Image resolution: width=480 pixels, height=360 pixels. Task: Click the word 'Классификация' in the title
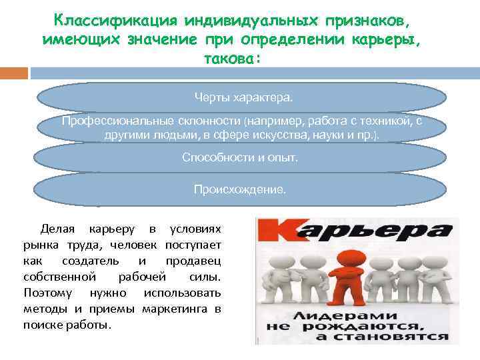106,19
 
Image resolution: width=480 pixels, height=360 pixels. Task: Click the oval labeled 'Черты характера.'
243,98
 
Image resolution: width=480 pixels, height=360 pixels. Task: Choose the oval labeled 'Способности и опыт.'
240,158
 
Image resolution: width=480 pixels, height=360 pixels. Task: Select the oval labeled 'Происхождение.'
240,189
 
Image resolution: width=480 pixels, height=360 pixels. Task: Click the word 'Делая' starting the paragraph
57,229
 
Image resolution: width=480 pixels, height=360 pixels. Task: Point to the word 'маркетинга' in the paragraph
178,309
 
